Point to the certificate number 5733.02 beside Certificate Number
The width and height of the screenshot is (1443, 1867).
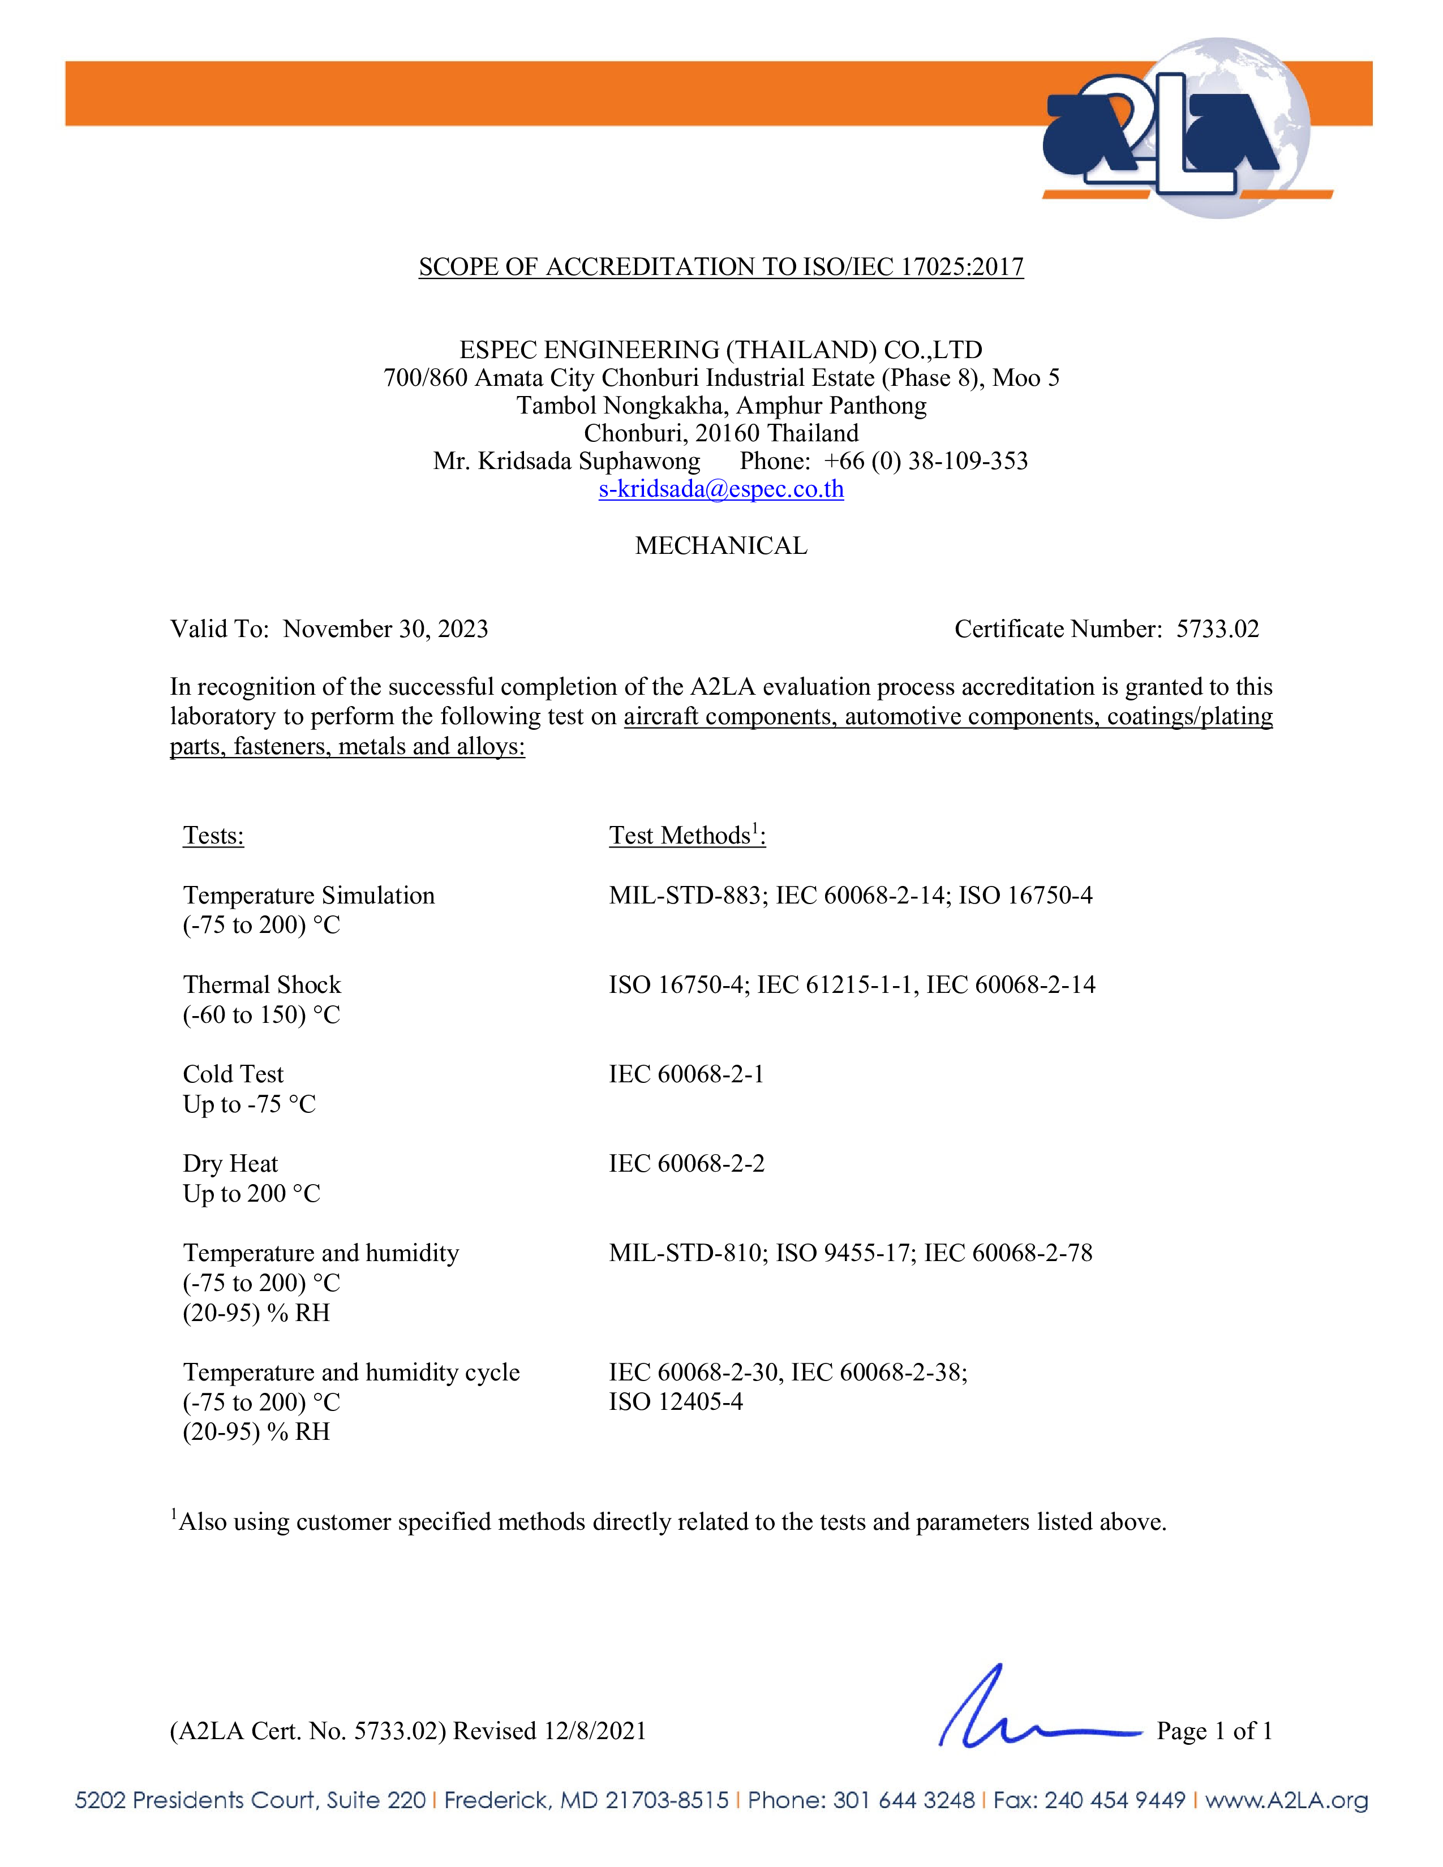click(x=1217, y=629)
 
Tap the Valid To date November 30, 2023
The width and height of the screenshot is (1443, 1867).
click(x=385, y=629)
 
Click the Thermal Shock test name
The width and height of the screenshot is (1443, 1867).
click(x=261, y=985)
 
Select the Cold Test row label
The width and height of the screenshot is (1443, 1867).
click(x=233, y=1074)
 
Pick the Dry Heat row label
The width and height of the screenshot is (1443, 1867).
click(x=230, y=1163)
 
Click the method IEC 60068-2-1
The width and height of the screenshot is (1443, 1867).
click(x=686, y=1074)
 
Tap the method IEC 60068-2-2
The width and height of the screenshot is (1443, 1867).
click(x=686, y=1163)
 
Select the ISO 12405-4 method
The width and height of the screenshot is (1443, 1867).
click(x=675, y=1402)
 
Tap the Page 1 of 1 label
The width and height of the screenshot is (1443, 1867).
click(x=1214, y=1731)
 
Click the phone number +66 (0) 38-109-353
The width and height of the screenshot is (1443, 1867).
click(x=926, y=462)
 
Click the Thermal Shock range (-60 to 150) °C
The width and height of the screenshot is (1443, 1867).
click(x=261, y=1015)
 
